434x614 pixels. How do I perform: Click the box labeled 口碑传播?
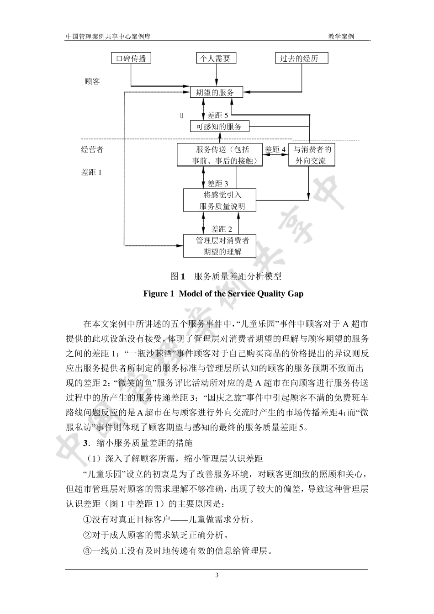click(x=131, y=58)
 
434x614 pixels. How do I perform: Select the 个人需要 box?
click(x=216, y=58)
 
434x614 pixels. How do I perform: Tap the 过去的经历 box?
click(x=302, y=58)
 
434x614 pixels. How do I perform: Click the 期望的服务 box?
click(x=217, y=93)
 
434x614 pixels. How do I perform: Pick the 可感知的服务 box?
click(x=220, y=127)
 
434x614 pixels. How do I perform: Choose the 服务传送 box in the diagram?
click(x=220, y=155)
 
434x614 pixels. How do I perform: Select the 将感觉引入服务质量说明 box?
click(x=220, y=201)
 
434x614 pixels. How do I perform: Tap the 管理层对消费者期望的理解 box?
click(x=220, y=246)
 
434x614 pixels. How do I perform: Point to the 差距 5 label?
click(x=217, y=116)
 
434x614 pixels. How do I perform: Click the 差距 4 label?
click(x=275, y=149)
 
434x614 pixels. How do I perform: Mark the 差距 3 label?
click(x=217, y=184)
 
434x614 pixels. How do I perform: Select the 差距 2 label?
click(x=222, y=229)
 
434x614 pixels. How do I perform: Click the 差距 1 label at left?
click(x=91, y=172)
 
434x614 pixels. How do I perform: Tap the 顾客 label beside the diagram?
click(x=92, y=81)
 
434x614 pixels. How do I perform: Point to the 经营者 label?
click(x=92, y=149)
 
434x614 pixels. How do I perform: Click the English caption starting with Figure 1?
click(x=223, y=294)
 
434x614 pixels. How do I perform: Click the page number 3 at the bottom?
click(x=217, y=575)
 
